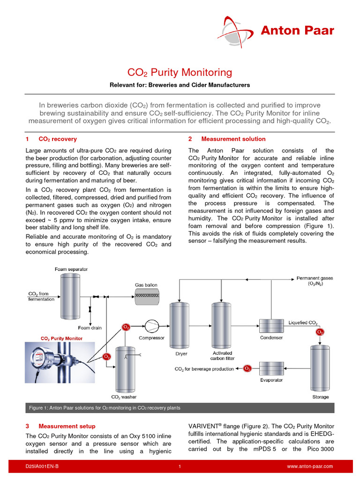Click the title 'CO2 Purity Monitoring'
pyautogui.click(x=180, y=72)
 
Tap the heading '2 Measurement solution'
pyautogui.click(x=227, y=139)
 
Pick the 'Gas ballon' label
pyautogui.click(x=146, y=285)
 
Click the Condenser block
pyautogui.click(x=271, y=325)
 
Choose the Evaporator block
pyautogui.click(x=271, y=368)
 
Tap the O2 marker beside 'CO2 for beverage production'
pyautogui.click(x=247, y=369)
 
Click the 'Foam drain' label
pyautogui.click(x=90, y=328)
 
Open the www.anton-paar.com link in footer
pyautogui.click(x=309, y=466)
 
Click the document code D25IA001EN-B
pyautogui.click(x=42, y=466)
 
